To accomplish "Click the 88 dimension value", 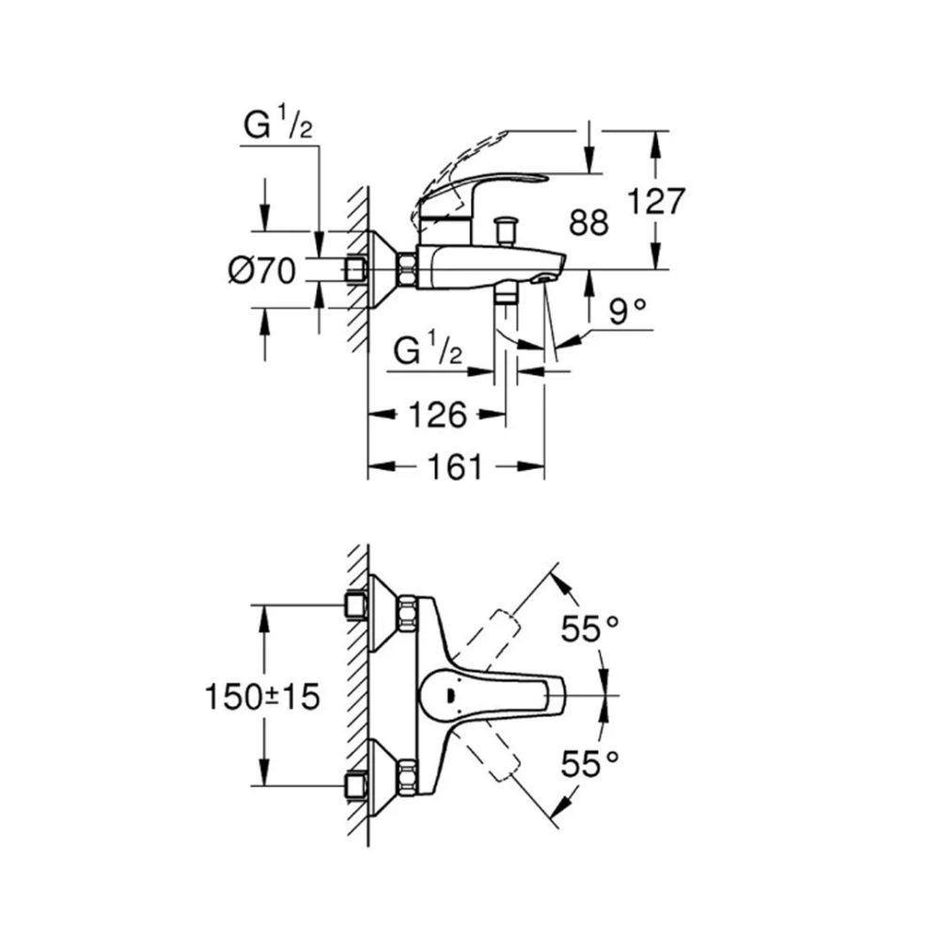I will point(589,223).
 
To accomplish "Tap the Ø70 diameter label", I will point(262,272).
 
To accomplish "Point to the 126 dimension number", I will point(435,414).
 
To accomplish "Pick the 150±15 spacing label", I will point(262,697).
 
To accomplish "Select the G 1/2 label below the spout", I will point(429,351).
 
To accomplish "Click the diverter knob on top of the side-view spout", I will point(509,227).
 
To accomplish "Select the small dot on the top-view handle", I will point(450,695).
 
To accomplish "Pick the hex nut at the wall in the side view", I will point(408,271).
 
